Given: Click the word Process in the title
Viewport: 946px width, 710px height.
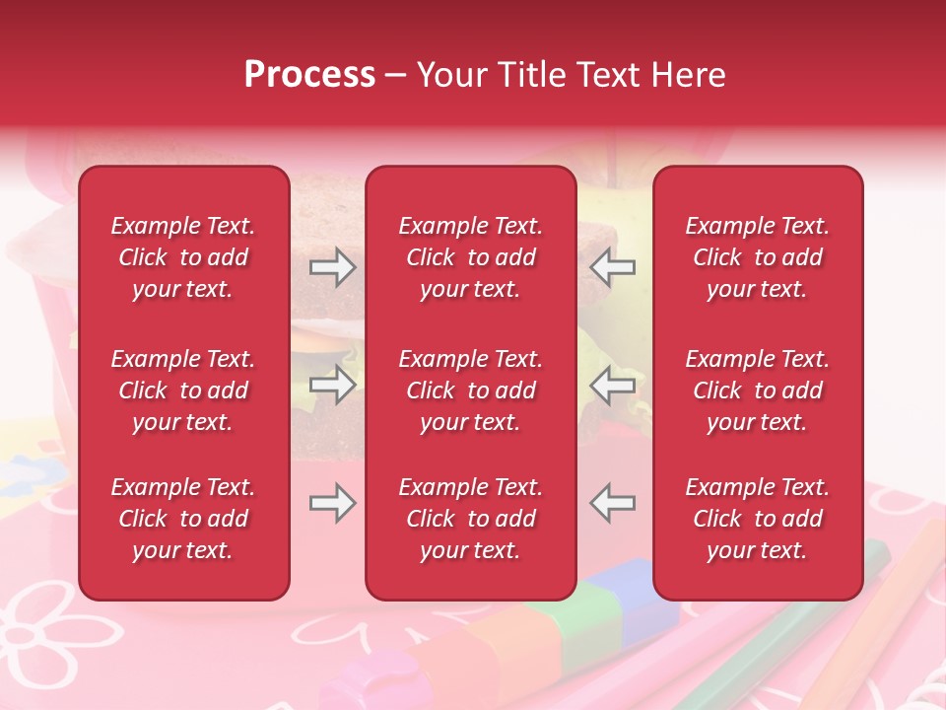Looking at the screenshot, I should tap(309, 75).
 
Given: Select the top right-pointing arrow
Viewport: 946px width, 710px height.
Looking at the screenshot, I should tap(332, 267).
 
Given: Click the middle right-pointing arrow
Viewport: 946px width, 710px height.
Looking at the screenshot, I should tap(332, 385).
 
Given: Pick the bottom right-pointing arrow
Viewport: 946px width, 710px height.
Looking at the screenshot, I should tap(332, 503).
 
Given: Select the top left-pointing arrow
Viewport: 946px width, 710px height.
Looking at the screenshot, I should tap(612, 267).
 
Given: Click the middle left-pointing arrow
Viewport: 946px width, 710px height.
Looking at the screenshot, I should tap(612, 385).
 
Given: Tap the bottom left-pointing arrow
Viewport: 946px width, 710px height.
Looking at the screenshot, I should tap(612, 503).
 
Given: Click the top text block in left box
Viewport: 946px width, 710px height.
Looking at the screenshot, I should tap(183, 257).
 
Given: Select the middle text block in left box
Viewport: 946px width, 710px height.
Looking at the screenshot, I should tap(183, 390).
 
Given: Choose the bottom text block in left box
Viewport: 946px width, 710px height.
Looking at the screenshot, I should tap(183, 519).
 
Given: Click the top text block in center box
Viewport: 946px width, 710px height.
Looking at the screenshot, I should tap(470, 257).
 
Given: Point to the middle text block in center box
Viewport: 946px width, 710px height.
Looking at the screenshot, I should tap(470, 390).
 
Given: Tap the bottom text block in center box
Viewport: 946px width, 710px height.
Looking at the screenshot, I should tap(470, 519).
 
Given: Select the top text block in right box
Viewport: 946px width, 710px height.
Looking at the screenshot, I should tap(757, 257).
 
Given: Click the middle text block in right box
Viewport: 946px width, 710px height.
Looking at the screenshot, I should tap(757, 390).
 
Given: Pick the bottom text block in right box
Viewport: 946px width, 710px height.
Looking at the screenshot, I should tap(757, 519).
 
